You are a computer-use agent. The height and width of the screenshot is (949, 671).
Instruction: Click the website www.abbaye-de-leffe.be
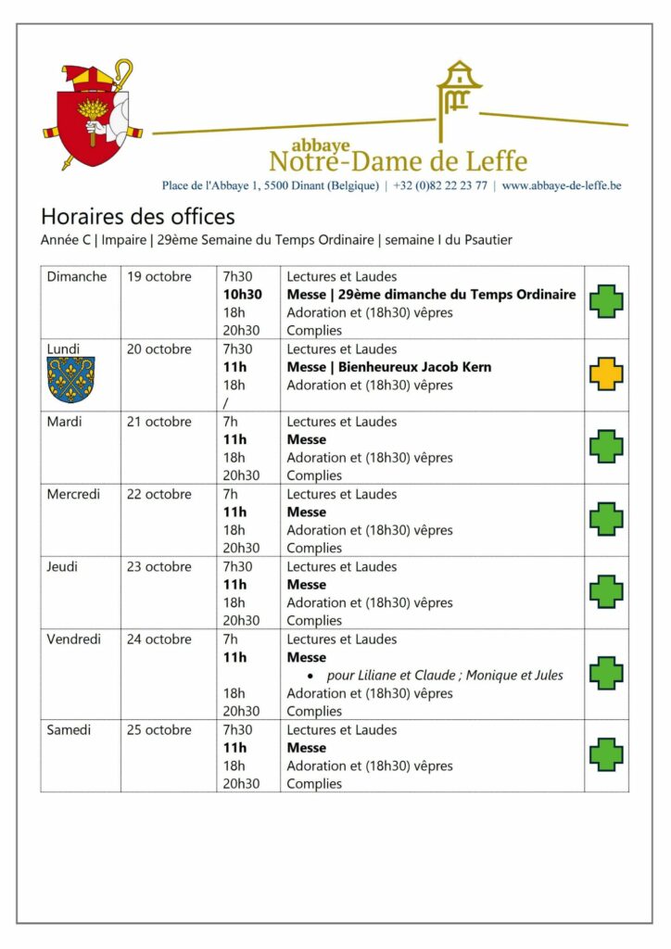(x=562, y=185)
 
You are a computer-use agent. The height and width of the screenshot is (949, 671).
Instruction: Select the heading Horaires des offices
(x=138, y=217)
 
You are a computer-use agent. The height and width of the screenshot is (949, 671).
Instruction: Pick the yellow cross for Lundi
(x=606, y=373)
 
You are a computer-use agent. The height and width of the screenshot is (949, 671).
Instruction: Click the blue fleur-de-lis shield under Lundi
(x=70, y=380)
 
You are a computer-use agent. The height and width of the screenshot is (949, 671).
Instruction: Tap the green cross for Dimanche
(x=606, y=301)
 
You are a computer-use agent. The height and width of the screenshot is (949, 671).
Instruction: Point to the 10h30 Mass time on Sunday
(x=243, y=295)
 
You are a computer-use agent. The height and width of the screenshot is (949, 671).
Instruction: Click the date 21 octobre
(x=159, y=422)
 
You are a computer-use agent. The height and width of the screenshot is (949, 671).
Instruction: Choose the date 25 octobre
(x=159, y=730)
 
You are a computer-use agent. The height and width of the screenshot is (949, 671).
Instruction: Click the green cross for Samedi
(x=606, y=754)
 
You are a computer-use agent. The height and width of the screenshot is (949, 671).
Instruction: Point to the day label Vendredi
(x=74, y=639)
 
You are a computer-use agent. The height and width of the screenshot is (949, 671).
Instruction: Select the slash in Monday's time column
(x=225, y=403)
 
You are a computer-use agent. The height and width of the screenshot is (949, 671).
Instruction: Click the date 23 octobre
(x=159, y=567)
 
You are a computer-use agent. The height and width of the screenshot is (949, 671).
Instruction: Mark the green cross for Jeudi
(x=606, y=591)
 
